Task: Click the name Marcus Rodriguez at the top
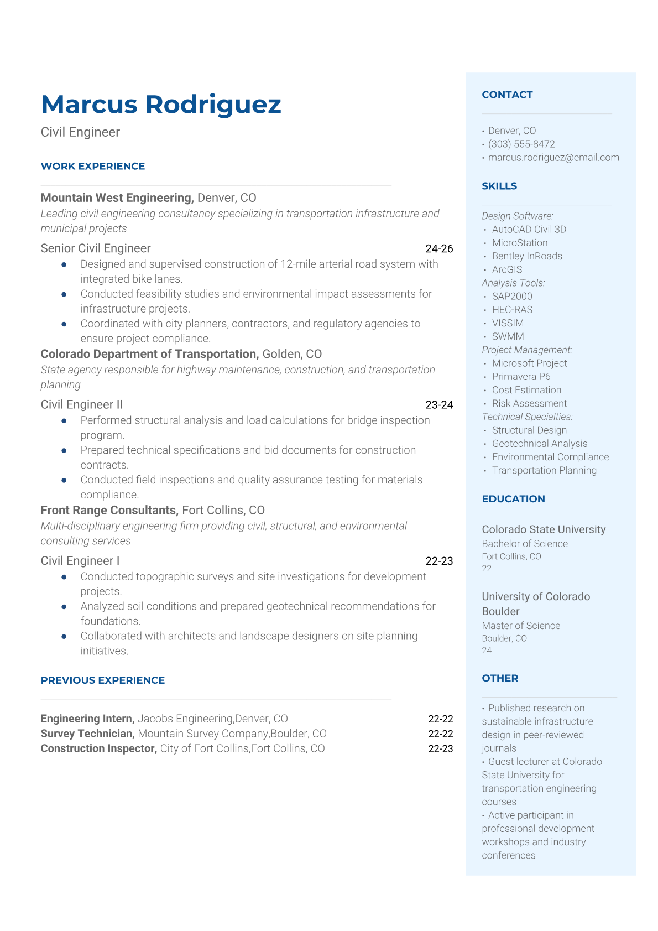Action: (x=161, y=105)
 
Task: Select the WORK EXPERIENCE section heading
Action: (x=93, y=167)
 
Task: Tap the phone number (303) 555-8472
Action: (x=521, y=144)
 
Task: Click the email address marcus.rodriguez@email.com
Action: (x=553, y=158)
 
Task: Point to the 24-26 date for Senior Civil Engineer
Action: (x=439, y=249)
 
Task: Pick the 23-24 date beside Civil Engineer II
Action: (x=439, y=405)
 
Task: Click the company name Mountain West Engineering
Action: (x=117, y=198)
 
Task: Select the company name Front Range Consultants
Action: (x=109, y=511)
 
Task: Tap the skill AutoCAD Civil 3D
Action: (x=529, y=230)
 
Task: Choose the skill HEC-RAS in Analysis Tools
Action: (x=512, y=310)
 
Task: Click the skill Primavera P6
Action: (x=521, y=377)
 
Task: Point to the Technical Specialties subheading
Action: (x=527, y=417)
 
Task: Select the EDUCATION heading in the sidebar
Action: (x=513, y=499)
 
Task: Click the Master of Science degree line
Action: (x=521, y=626)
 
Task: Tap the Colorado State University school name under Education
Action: (x=544, y=530)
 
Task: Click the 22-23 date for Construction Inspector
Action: (x=440, y=749)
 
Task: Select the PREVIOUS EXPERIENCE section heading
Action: (x=103, y=680)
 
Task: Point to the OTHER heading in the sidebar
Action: (x=500, y=678)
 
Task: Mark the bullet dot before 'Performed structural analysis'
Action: (x=64, y=421)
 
